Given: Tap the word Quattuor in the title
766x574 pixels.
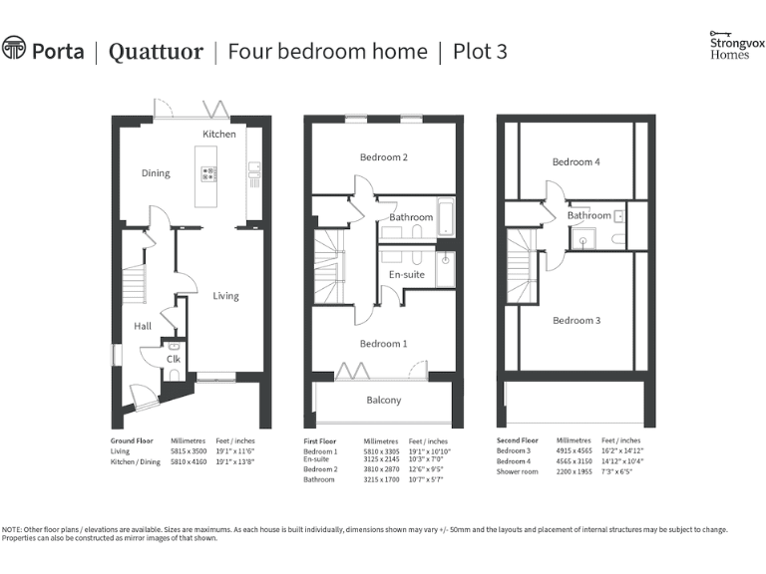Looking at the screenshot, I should tap(156, 51).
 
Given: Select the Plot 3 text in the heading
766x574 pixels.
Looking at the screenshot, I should tap(480, 51).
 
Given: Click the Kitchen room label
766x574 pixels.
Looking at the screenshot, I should tap(219, 134).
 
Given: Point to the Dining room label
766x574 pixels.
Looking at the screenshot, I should tap(156, 173).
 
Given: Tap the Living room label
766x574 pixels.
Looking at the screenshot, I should tap(226, 295).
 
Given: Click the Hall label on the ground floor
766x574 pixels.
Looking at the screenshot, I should tap(143, 326).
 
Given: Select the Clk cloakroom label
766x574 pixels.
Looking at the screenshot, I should tap(173, 359).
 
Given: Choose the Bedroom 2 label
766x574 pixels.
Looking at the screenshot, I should tap(384, 157).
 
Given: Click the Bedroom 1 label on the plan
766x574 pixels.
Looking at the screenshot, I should tap(384, 344).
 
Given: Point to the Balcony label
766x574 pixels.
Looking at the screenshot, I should tap(384, 401).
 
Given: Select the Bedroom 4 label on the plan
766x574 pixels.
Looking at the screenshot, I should tap(576, 161).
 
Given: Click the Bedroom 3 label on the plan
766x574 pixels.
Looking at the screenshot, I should tap(576, 320).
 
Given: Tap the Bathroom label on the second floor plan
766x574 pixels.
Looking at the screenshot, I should tap(588, 215).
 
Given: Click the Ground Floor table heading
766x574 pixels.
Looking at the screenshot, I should tap(131, 439).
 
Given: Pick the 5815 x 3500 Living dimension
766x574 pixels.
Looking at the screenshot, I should tap(187, 451).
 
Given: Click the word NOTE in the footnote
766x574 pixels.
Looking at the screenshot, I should tap(12, 530).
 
